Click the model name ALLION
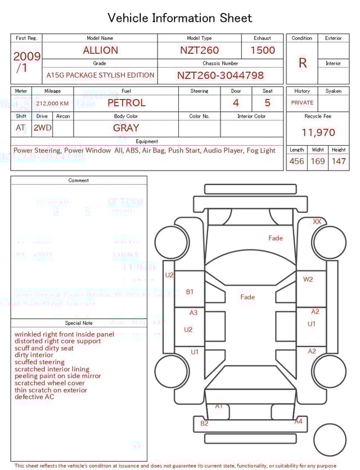pos(100,50)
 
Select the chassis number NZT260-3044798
pos(220,75)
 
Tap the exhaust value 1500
pos(262,50)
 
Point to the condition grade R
pos(302,63)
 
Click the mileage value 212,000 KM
pos(52,104)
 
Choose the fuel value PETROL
pos(126,103)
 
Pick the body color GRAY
pos(126,128)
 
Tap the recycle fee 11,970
pos(318,133)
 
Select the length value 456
pos(296,161)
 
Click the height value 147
pos(339,161)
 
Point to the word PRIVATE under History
pos(302,103)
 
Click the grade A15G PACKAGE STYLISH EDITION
pos(100,75)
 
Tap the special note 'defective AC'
pos(34,397)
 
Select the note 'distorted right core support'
pos(58,341)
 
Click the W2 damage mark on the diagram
pos(308,279)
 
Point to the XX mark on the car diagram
pos(317,222)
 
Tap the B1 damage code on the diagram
pos(190,292)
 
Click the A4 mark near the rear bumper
pos(298,421)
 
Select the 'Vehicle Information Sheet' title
pos(180,18)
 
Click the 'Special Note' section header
pos(79,323)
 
